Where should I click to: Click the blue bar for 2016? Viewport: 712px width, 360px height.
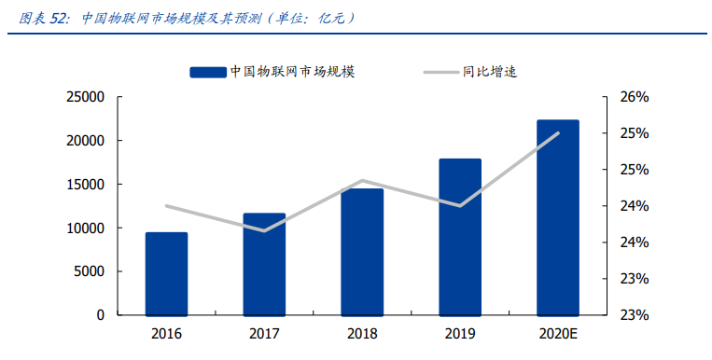tap(166, 273)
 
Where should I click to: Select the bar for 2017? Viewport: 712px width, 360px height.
tap(264, 264)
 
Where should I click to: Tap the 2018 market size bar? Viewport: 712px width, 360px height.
tap(362, 252)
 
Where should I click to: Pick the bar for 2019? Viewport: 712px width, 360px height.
tap(460, 237)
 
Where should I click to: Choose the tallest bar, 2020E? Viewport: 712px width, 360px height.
tap(558, 217)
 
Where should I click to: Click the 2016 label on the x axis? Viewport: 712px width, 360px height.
tap(166, 334)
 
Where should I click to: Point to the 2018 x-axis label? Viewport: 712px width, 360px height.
tap(362, 334)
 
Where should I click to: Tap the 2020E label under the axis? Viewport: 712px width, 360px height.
tap(558, 334)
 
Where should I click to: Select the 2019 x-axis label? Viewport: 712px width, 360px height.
tap(460, 334)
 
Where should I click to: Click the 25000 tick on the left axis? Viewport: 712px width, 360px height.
tap(85, 97)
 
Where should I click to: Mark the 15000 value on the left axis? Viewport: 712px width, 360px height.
tap(85, 185)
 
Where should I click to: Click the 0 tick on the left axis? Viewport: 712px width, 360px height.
tap(100, 315)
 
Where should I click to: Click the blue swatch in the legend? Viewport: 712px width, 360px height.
tap(207, 72)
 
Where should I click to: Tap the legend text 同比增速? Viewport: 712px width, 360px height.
tap(490, 72)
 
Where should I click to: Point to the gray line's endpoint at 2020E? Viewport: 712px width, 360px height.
tap(558, 132)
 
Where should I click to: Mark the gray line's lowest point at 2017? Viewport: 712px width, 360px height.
tap(264, 230)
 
